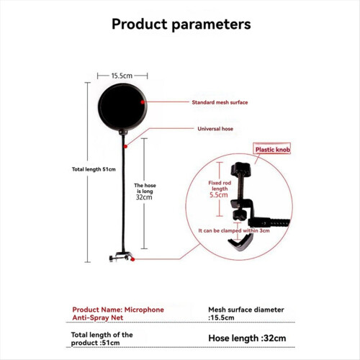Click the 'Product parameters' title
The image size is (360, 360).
click(x=181, y=24)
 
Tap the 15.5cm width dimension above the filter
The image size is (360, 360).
click(x=122, y=76)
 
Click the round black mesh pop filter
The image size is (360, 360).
click(x=122, y=107)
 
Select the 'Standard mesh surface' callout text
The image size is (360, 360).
click(x=220, y=102)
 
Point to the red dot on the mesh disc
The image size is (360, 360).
click(x=143, y=102)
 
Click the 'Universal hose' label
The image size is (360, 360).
click(x=215, y=129)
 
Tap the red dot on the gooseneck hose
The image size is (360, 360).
click(x=125, y=146)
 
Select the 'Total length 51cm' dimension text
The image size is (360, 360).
click(x=94, y=169)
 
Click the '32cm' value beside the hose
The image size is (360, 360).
click(x=144, y=197)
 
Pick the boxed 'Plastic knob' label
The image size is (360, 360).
click(x=272, y=149)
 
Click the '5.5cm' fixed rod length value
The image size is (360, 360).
click(x=219, y=195)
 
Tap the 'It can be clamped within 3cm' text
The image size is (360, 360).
click(x=234, y=230)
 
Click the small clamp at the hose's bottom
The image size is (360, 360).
click(x=121, y=257)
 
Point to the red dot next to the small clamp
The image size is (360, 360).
click(x=132, y=259)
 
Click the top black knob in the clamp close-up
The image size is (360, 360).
click(x=240, y=169)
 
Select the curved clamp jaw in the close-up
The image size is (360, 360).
click(x=241, y=242)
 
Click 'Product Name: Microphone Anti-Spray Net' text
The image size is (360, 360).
click(x=118, y=313)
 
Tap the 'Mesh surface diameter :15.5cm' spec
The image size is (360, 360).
click(x=246, y=313)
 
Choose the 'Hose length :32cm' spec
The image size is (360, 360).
click(x=247, y=338)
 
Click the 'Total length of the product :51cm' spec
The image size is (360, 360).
click(x=102, y=338)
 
